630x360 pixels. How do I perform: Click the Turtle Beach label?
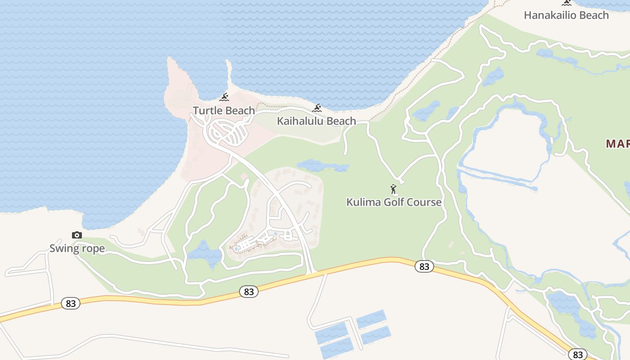tap(224, 111)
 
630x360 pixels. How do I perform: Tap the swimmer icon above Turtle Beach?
tap(224, 97)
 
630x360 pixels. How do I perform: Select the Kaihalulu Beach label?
tap(316, 121)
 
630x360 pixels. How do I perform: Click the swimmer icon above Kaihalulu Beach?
tap(317, 108)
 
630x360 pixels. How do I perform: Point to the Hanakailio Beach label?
tap(566, 15)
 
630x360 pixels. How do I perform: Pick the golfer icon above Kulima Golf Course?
tap(394, 189)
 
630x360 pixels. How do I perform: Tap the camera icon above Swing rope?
tap(77, 235)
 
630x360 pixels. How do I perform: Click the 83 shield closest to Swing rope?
tap(71, 304)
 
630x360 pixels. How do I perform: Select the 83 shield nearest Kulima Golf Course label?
tap(424, 266)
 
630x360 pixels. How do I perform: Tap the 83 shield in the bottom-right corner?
tap(577, 355)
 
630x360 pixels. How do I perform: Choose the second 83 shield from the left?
tap(248, 292)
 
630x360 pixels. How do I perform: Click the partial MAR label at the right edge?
tap(617, 144)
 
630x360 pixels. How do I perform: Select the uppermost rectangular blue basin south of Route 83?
tap(371, 319)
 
